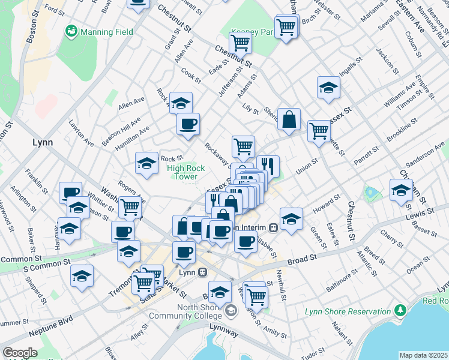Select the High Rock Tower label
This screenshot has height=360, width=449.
pyautogui.click(x=186, y=173)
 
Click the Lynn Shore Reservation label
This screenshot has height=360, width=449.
pyautogui.click(x=356, y=311)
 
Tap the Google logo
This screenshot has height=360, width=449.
pyautogui.click(x=20, y=353)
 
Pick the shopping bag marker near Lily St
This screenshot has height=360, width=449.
pyautogui.click(x=289, y=119)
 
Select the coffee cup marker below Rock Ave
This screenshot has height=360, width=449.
pyautogui.click(x=188, y=124)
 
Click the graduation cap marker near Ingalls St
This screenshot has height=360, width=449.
pyautogui.click(x=328, y=88)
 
